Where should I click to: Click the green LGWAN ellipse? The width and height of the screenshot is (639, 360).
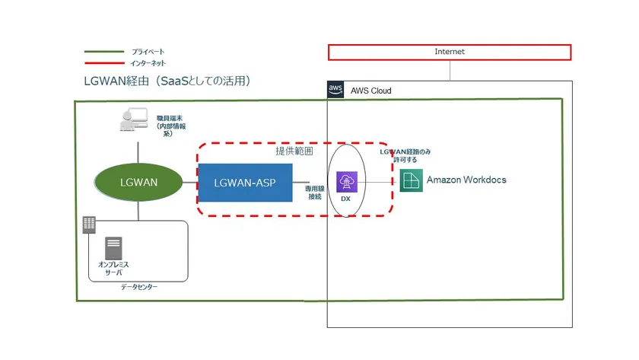138,183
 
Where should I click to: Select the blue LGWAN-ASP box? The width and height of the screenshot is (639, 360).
245,183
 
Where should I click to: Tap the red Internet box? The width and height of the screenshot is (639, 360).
449,52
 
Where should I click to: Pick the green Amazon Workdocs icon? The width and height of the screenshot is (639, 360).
412,180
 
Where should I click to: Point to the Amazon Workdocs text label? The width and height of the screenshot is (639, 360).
466,180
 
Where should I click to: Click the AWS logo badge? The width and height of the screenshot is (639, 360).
335,90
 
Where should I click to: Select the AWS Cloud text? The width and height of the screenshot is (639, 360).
371,91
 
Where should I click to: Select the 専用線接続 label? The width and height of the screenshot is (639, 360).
316,191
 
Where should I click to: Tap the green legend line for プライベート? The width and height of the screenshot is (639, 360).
104,52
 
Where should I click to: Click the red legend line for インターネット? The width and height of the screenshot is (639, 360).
104,63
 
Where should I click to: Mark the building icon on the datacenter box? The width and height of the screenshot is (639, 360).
89,225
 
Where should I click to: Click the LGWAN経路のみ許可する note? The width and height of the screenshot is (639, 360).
405,156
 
